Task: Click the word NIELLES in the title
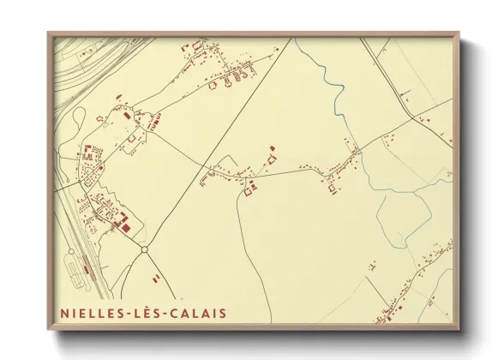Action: [x=90, y=313]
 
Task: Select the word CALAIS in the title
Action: [x=199, y=313]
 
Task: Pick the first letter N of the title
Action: [x=64, y=313]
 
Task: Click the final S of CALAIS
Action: [x=223, y=313]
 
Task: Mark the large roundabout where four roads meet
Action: [x=144, y=249]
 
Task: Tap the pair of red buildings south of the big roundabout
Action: [x=155, y=278]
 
